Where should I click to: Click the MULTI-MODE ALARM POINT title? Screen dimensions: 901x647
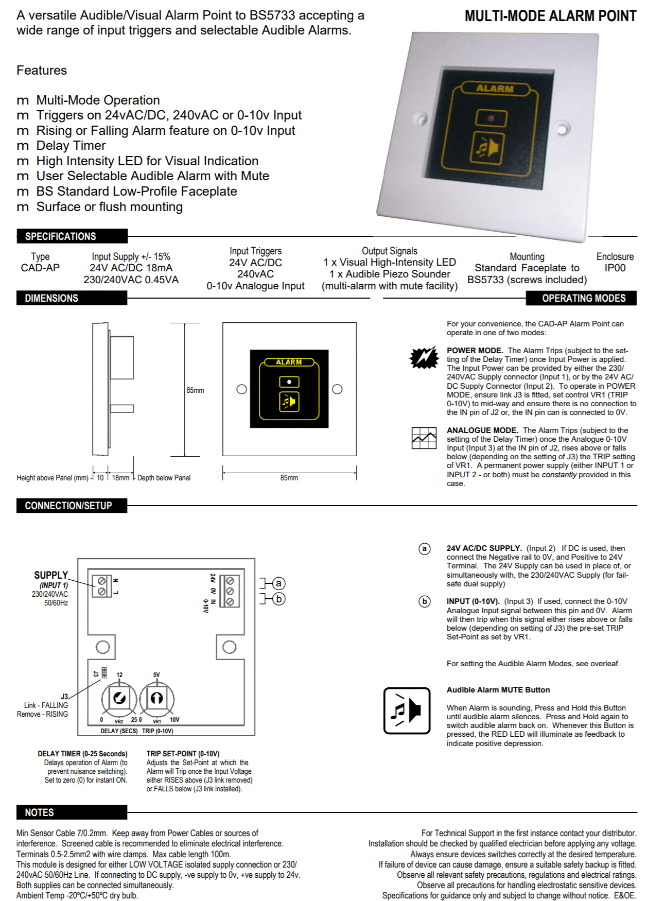point(550,16)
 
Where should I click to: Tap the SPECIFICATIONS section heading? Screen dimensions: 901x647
point(61,236)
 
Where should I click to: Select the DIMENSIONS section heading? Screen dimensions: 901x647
point(51,298)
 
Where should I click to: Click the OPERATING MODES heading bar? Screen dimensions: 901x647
point(584,298)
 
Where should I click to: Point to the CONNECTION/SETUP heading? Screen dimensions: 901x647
point(68,506)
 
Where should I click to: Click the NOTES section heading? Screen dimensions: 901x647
point(40,812)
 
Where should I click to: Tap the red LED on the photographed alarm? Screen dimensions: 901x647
point(491,118)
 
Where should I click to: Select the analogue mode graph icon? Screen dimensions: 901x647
point(424,438)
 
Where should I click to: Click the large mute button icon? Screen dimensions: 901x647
point(407,711)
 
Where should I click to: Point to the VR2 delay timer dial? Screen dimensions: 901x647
point(119,699)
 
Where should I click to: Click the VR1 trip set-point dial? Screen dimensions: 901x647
point(156,699)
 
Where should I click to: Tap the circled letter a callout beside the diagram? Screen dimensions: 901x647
point(278,583)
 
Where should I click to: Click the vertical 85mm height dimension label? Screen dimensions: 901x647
point(195,390)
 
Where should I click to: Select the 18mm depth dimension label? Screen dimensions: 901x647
point(121,478)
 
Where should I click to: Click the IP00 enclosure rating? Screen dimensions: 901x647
point(615,268)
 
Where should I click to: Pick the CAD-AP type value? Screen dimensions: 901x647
point(40,268)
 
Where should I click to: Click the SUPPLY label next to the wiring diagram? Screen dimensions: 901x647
point(51,575)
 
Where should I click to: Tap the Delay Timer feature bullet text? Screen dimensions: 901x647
point(71,146)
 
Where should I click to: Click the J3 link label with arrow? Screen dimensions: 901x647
point(64,697)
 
